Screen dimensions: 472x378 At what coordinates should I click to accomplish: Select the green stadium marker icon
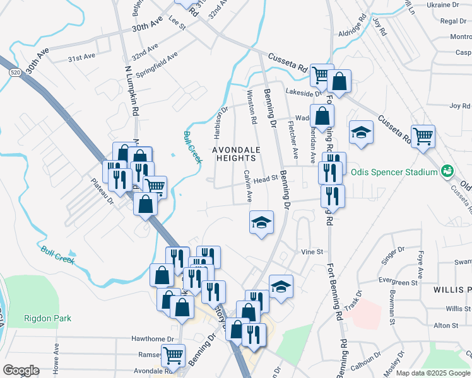pyautogui.click(x=448, y=171)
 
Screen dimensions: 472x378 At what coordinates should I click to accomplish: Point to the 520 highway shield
pyautogui.click(x=15, y=74)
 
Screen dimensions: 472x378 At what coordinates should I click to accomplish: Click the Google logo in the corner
pyautogui.click(x=21, y=370)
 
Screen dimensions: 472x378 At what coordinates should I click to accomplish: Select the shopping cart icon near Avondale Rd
pyautogui.click(x=172, y=354)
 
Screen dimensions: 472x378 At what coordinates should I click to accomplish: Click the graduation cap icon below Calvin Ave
pyautogui.click(x=261, y=222)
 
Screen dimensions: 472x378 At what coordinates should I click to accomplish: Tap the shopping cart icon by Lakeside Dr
pyautogui.click(x=322, y=75)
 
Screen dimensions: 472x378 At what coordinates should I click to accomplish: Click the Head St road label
pyautogui.click(x=266, y=179)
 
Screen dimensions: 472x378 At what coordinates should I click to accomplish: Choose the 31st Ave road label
pyautogui.click(x=81, y=57)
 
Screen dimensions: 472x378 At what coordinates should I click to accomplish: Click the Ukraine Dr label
pyautogui.click(x=442, y=4)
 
